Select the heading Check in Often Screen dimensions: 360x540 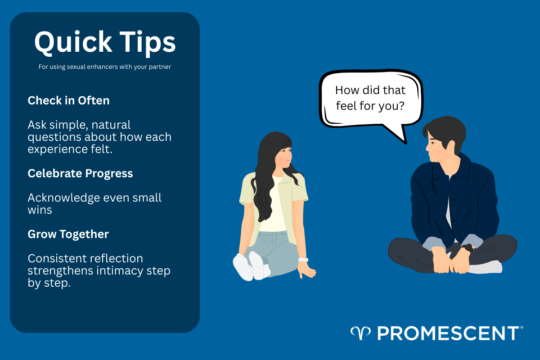coord(68,100)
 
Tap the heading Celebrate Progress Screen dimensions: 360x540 coord(80,173)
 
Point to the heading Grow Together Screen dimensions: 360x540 coord(68,234)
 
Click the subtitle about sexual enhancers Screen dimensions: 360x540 coord(105,67)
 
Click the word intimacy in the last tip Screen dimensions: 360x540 coord(124,271)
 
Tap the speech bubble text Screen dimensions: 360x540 coord(370,99)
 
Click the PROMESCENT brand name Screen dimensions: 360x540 coord(448,333)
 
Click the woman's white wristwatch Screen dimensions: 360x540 coord(303,260)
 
